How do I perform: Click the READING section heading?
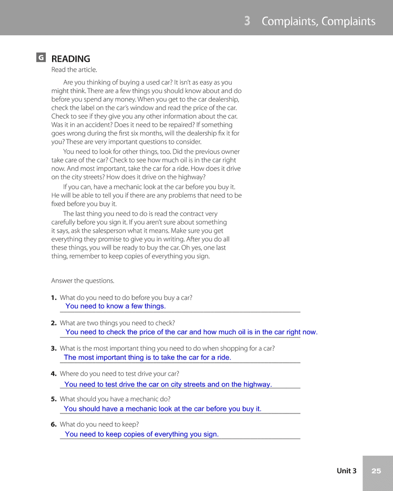(71, 59)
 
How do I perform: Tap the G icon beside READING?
(41, 58)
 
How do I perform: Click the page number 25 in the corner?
(376, 471)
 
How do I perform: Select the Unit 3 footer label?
(346, 471)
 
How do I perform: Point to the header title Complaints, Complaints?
(318, 21)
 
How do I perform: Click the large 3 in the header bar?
(247, 21)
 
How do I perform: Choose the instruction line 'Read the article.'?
(74, 70)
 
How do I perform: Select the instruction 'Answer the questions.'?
(83, 281)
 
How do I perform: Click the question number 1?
(54, 298)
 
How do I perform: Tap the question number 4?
(54, 374)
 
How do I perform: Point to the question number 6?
(54, 424)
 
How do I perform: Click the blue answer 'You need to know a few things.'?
(115, 306)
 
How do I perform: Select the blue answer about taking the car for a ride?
(147, 357)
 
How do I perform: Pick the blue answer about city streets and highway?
(168, 384)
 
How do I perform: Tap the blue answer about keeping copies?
(141, 434)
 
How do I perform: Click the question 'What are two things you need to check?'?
(117, 323)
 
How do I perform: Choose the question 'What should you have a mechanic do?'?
(115, 399)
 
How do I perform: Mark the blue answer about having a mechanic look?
(163, 409)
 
